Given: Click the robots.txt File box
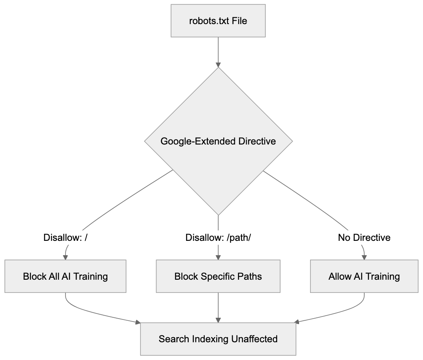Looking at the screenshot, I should (218, 20).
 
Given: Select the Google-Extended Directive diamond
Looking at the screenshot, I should (218, 141).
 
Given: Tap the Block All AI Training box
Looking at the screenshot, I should (66, 276).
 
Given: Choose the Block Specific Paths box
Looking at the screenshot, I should (218, 276).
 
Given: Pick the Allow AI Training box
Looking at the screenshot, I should (364, 276).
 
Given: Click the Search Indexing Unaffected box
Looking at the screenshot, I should (218, 339).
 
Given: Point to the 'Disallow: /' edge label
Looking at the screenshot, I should (66, 238).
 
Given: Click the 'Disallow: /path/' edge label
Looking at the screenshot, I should (218, 238).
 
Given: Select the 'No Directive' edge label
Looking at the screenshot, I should (364, 238).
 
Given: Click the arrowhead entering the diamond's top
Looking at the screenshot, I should (218, 65).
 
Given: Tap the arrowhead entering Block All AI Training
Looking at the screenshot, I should (66, 257).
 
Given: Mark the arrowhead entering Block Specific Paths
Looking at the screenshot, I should (218, 257).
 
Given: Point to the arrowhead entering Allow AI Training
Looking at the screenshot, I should (364, 257).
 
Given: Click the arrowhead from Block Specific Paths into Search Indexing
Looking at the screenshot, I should (218, 320).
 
